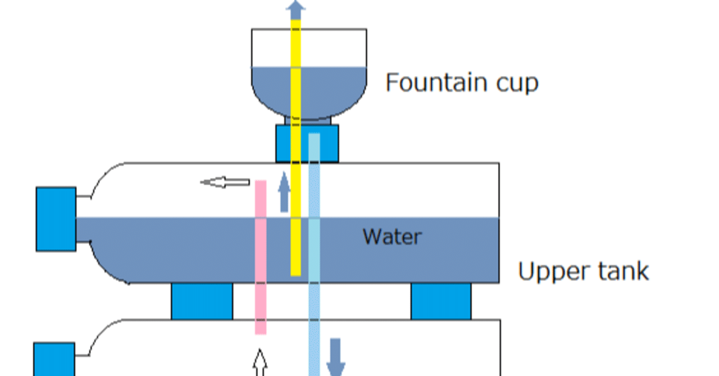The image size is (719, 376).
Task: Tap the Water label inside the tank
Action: [392, 236]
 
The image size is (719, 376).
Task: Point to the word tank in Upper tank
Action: [622, 271]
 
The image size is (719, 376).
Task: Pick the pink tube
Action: [261, 258]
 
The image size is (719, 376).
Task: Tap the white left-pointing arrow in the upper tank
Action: [225, 182]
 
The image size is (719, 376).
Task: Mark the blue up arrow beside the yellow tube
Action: [284, 192]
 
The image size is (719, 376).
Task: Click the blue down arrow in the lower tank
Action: [335, 357]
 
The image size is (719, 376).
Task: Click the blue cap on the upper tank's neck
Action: [56, 219]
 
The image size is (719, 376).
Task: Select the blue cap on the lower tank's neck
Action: [54, 359]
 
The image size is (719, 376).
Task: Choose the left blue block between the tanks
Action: [202, 301]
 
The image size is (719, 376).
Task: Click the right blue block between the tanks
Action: [441, 301]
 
